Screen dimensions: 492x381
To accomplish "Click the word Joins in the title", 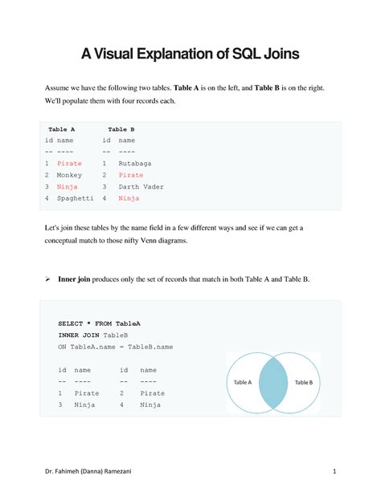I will pos(277,54).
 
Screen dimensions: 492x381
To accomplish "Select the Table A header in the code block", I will pos(62,128).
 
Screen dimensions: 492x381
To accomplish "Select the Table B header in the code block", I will pos(121,128).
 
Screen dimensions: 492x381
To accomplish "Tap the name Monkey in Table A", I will pos(70,174).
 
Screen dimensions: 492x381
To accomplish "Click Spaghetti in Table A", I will pos(76,197).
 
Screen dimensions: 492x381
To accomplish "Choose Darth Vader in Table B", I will pos(141,186).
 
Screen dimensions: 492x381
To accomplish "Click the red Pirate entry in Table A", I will pos(70,163).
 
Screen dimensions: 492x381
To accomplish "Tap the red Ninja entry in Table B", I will pos(129,197).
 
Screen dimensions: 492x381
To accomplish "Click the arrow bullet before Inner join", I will pos(47,279).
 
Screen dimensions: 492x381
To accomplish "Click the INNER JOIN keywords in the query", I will pos(80,335).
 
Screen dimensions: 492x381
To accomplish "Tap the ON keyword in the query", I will pos(62,347).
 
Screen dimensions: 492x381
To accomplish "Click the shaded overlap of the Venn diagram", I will pos(273,382).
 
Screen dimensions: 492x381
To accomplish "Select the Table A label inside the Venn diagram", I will pos(243,383).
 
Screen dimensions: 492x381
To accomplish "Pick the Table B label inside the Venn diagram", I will pos(304,383).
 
